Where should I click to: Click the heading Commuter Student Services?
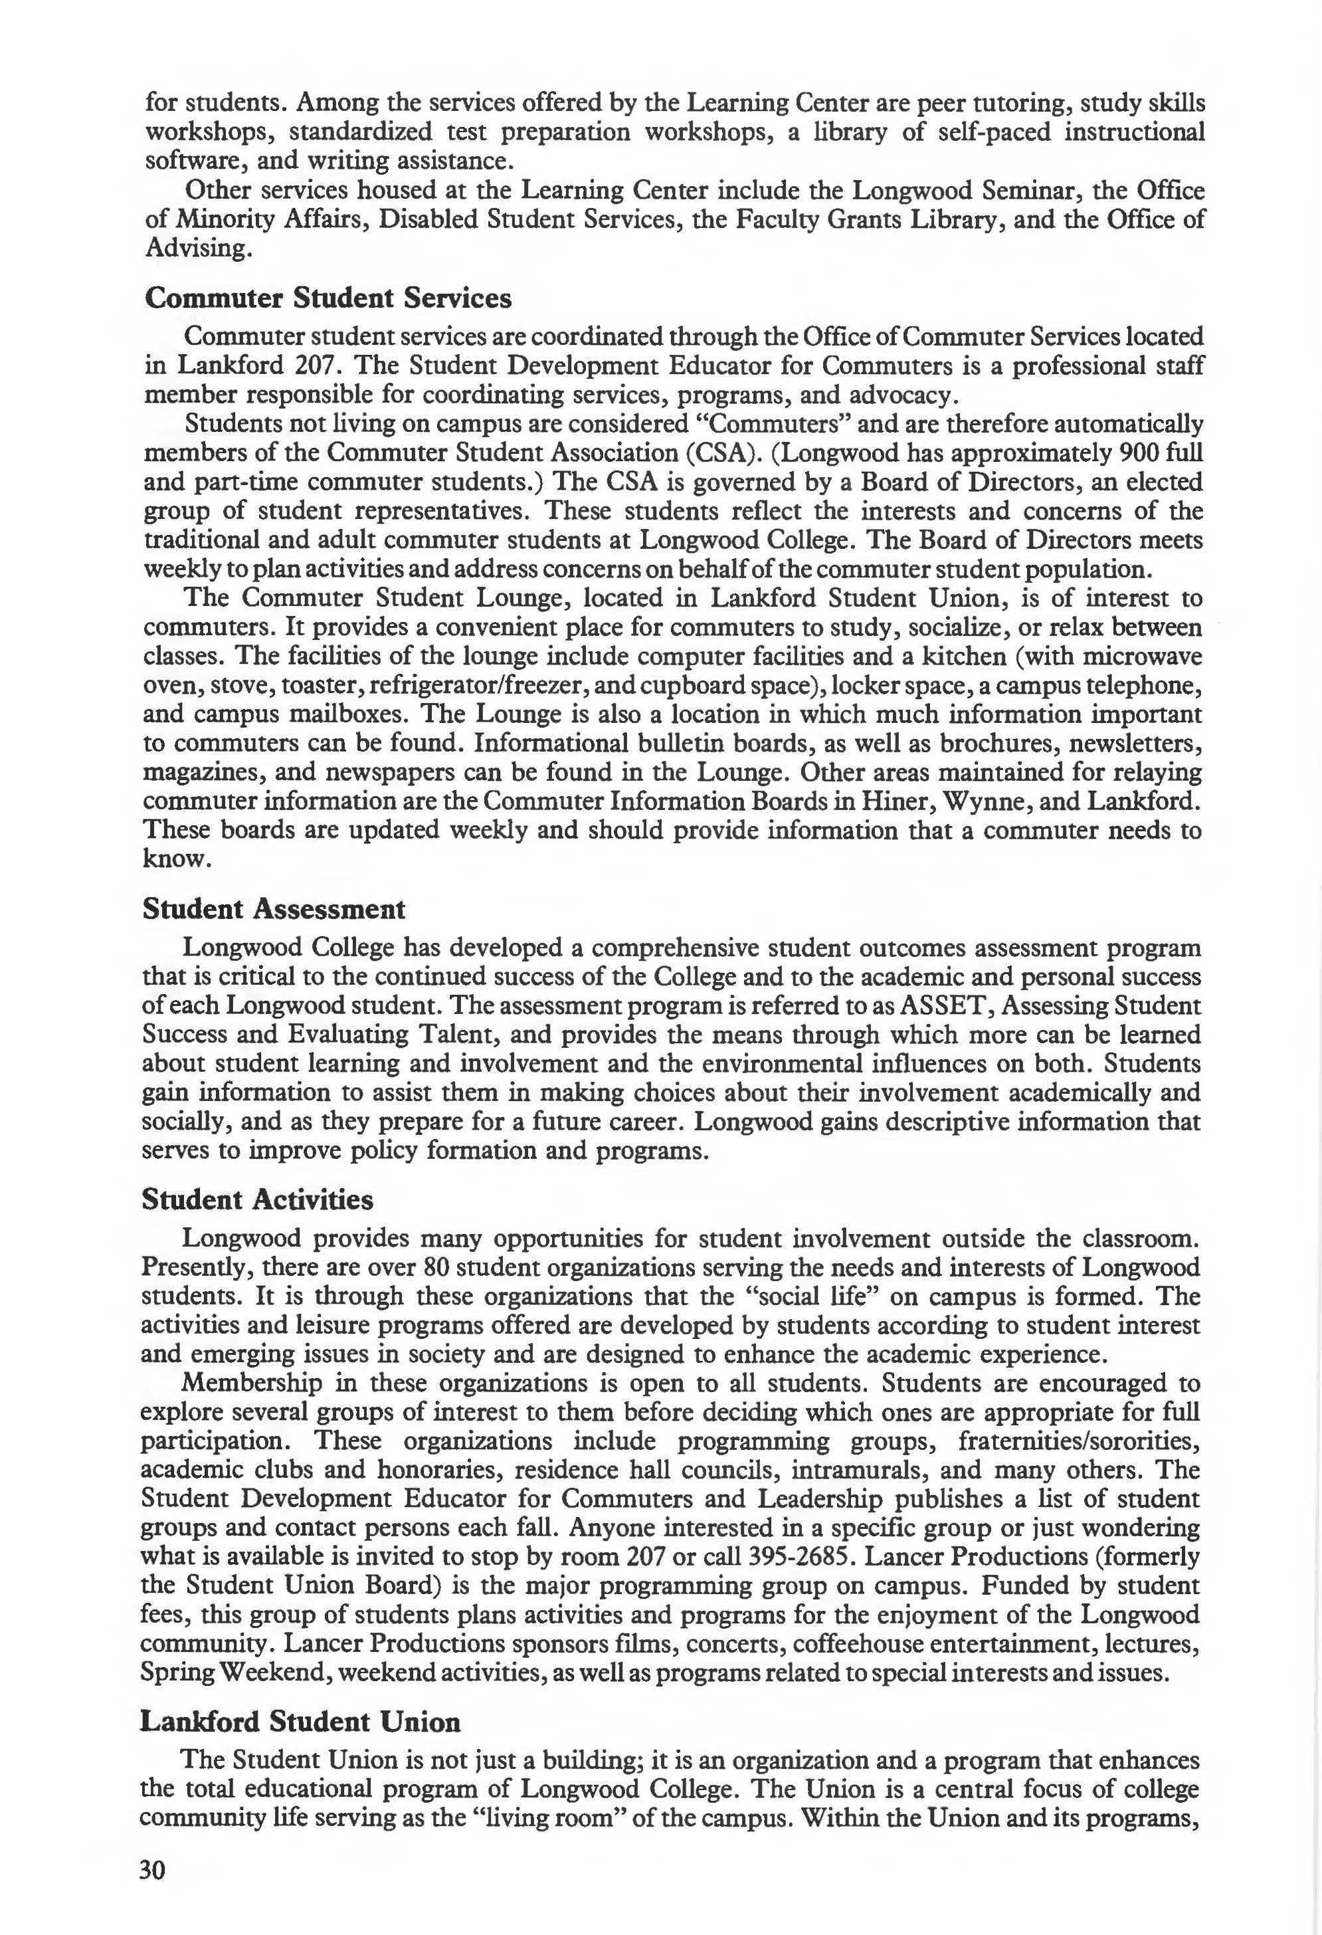328,298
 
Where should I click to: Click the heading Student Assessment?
274,908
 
